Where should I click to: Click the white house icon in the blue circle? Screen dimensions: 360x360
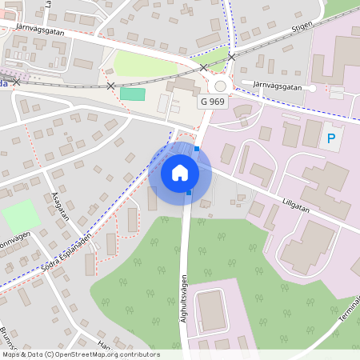[180, 173]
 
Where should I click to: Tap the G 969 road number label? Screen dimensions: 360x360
[214, 102]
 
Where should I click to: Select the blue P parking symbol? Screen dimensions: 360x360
[330, 139]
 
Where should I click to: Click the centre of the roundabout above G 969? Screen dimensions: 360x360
[220, 86]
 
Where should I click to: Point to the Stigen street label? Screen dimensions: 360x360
[302, 26]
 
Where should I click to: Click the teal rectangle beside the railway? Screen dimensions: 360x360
[133, 94]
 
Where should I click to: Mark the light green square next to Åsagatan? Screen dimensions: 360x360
[21, 216]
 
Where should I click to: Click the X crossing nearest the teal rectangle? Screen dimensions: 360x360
[110, 86]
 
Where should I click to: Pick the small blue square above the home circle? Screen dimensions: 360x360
[196, 148]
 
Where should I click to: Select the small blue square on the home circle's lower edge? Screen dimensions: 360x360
[189, 192]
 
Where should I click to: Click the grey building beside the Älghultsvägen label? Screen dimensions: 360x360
[211, 310]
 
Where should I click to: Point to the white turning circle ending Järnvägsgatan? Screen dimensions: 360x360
[311, 88]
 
